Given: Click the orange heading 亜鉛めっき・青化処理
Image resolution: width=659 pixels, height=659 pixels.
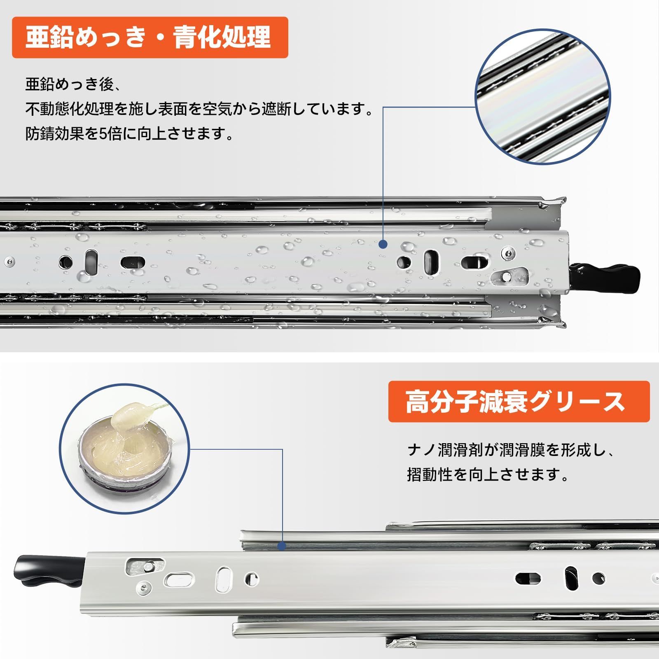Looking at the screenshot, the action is tap(150, 37).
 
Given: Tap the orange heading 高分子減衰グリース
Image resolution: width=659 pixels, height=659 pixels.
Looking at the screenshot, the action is tap(519, 402).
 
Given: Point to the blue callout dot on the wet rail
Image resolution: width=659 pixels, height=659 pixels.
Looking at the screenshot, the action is tap(383, 245).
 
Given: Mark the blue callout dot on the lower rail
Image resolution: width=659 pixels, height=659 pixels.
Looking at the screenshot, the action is tap(282, 546).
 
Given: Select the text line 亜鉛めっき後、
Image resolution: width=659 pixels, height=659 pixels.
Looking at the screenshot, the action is tap(72, 84).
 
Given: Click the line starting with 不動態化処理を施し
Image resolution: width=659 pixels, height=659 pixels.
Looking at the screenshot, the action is tap(199, 109).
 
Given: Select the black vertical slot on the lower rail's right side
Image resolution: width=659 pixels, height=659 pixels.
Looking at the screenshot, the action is tap(572, 578).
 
